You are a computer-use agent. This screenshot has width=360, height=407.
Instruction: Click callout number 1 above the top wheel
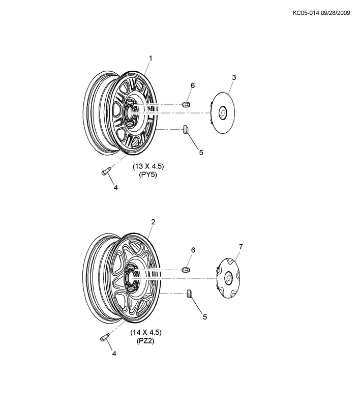pyautogui.click(x=150, y=59)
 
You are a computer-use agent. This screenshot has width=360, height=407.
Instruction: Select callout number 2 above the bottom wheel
pyautogui.click(x=153, y=222)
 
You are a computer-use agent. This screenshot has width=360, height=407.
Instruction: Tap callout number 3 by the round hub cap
pyautogui.click(x=234, y=77)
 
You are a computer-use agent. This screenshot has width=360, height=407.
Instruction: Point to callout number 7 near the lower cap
pyautogui.click(x=241, y=247)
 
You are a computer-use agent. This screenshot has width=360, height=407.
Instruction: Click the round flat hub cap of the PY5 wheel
pyautogui.click(x=223, y=113)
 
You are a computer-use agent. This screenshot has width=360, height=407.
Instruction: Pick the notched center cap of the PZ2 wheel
pyautogui.click(x=228, y=278)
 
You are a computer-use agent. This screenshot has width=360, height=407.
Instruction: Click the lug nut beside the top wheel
pyautogui.click(x=187, y=104)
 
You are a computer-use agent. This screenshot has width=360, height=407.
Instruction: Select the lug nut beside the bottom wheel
pyautogui.click(x=186, y=270)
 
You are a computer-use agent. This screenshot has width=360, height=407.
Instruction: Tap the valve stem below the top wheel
pyautogui.click(x=106, y=171)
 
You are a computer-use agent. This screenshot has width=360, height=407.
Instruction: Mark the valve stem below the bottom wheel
pyautogui.click(x=104, y=337)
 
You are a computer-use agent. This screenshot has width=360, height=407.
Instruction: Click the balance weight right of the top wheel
pyautogui.click(x=186, y=129)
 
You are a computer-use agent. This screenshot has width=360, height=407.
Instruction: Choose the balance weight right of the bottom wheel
pyautogui.click(x=189, y=294)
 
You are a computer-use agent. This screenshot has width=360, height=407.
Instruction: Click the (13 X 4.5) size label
pyautogui.click(x=148, y=166)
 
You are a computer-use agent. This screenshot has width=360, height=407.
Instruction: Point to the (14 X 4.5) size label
pyautogui.click(x=146, y=332)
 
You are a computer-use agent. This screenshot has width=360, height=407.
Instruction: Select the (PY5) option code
pyautogui.click(x=148, y=175)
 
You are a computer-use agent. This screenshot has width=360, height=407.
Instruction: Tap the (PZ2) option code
pyautogui.click(x=145, y=341)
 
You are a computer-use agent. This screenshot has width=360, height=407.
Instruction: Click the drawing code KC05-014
pyautogui.click(x=306, y=13)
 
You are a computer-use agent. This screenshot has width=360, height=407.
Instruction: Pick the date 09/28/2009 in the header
pyautogui.click(x=336, y=13)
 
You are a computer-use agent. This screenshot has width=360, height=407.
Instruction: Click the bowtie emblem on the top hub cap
pyautogui.click(x=223, y=113)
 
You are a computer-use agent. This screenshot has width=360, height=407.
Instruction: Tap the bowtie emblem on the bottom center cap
pyautogui.click(x=228, y=276)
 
